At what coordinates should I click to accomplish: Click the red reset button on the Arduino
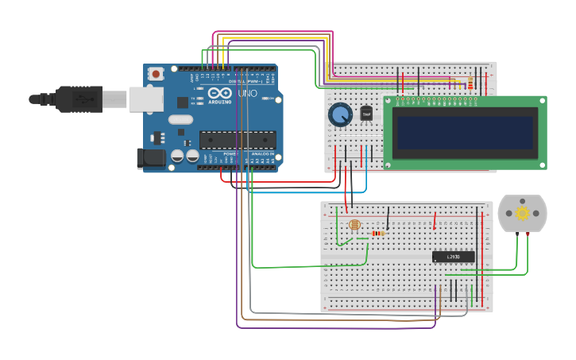coord(157,74)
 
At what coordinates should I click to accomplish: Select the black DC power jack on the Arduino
coord(151,158)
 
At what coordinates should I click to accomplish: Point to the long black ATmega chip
coord(237,140)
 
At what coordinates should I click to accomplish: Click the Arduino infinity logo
coord(220,93)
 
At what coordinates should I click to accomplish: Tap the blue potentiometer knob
coord(340,115)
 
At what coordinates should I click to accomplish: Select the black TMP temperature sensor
coord(366,114)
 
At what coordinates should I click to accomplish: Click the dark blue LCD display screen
coord(465,133)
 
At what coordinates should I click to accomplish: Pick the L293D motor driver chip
coord(453,257)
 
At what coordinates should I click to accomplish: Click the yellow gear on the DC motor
coord(523,213)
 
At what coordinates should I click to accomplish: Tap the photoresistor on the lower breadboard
coord(354,226)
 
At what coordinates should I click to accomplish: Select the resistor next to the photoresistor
coord(378,233)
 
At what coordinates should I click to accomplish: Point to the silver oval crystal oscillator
coord(180,120)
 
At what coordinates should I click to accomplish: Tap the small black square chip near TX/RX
coord(183,102)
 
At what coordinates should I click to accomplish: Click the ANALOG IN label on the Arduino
coord(261,154)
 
